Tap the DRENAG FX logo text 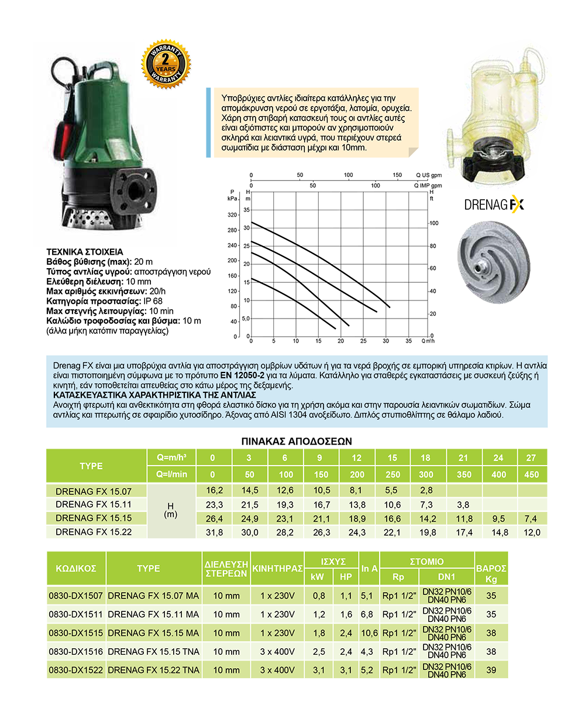[494, 205]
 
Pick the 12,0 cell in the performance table [532, 532]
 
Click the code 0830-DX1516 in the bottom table [76, 651]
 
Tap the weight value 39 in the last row [491, 669]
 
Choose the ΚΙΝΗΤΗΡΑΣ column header [277, 568]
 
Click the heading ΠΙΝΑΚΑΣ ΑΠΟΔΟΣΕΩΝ [297, 440]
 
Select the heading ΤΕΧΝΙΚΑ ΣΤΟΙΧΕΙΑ [84, 252]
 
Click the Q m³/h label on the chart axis [428, 341]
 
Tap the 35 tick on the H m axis [246, 209]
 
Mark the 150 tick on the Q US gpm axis [397, 175]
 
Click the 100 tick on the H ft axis [433, 224]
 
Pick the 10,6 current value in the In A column [369, 633]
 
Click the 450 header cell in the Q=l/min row [532, 474]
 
